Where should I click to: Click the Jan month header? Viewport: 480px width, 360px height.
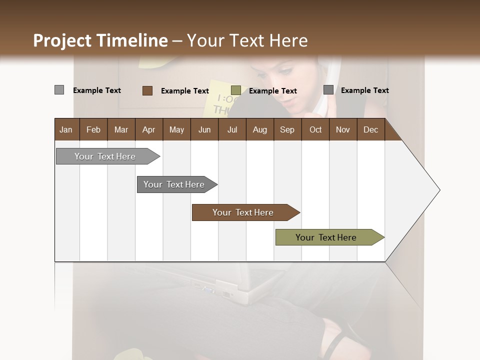coord(66,129)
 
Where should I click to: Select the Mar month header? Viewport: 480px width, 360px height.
coord(121,129)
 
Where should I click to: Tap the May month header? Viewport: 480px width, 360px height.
coord(176,129)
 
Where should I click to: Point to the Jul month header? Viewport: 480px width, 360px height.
coord(232,129)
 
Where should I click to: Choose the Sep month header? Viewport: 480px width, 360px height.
coord(287,129)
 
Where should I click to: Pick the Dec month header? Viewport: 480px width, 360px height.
coord(370,129)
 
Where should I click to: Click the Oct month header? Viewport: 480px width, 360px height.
coord(315,129)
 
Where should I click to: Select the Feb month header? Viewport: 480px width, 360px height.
coord(93,129)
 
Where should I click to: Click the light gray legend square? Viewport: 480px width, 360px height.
coord(59,90)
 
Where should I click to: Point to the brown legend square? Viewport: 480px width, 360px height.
coord(147,90)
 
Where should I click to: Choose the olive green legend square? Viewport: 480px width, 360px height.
coord(236,90)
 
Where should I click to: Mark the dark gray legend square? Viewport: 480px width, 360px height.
coord(328,89)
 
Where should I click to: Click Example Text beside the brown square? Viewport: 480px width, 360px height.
coord(184,91)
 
